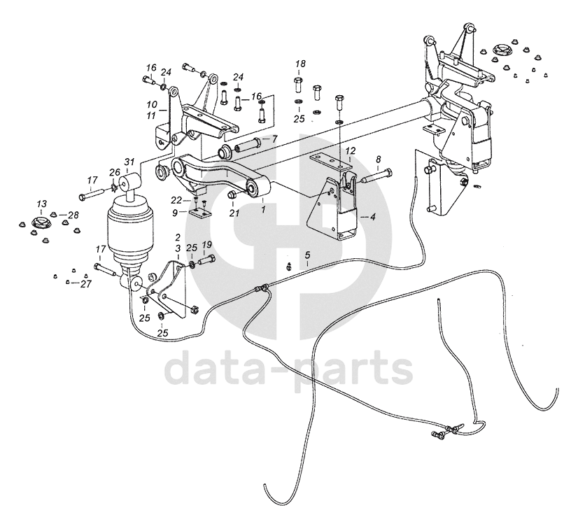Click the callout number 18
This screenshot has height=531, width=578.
pos(300,64)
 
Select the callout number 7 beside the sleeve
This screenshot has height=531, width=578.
pos(275,139)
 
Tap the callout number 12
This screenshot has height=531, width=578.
pos(351,150)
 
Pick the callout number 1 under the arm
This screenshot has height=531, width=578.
pos(263,208)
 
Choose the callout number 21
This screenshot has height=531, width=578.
pos(234,212)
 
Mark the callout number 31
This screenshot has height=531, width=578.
pos(129,162)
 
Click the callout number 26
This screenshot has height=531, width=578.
pos(115,173)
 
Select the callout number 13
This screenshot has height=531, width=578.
pos(41,204)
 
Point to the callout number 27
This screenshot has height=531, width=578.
pos(86,283)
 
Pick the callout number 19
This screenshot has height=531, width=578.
pos(206,245)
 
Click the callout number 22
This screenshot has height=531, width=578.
pos(178,201)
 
